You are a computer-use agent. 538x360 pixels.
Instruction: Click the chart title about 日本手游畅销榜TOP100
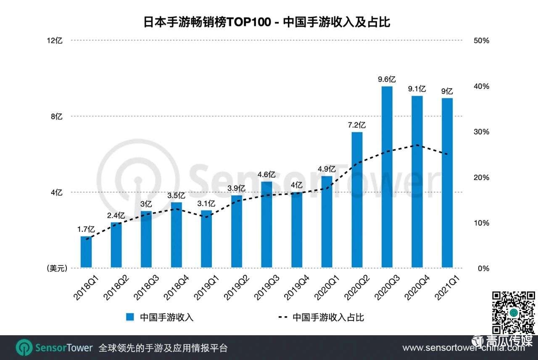(267, 22)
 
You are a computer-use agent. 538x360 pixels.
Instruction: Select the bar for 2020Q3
(387, 177)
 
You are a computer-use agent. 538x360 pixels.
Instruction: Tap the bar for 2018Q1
(86, 251)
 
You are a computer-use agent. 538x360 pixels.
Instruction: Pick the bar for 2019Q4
(297, 230)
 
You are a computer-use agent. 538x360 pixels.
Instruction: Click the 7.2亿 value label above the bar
(357, 125)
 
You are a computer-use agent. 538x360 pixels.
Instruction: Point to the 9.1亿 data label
(417, 89)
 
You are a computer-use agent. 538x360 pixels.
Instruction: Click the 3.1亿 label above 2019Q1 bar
(206, 204)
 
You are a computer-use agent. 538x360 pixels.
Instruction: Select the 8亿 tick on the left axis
(57, 116)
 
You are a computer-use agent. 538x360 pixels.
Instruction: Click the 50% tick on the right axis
(481, 41)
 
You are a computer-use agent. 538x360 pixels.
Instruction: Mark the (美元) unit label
(56, 268)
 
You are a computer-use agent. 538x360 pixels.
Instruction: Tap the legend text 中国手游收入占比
(328, 317)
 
